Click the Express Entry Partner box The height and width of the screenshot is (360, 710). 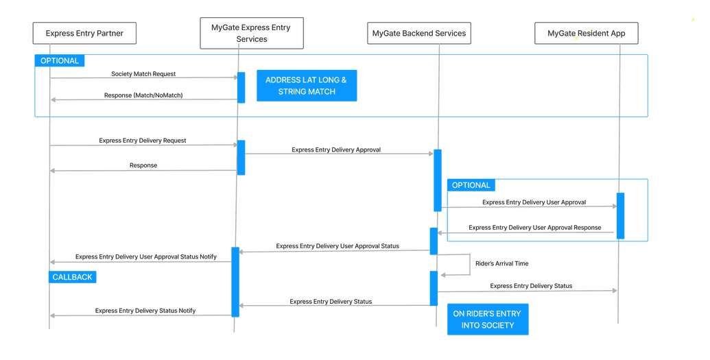(x=84, y=34)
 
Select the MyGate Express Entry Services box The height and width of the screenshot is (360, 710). (x=252, y=34)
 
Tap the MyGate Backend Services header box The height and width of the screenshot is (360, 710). (x=418, y=34)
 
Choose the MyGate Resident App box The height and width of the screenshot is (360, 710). (x=586, y=34)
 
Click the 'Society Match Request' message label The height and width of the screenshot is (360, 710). (x=143, y=74)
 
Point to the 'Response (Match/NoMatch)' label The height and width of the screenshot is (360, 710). (x=143, y=95)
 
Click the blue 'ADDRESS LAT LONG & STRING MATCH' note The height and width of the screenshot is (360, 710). (x=307, y=86)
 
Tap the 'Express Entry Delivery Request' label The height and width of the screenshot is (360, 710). (x=143, y=141)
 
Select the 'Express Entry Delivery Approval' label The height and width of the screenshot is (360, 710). (x=336, y=149)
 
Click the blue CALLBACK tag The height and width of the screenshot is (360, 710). (x=73, y=277)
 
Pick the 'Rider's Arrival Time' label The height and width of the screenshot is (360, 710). (x=501, y=263)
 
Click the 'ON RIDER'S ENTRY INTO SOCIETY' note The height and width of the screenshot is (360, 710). (x=487, y=320)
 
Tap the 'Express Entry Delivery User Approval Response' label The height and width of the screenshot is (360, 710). (x=534, y=228)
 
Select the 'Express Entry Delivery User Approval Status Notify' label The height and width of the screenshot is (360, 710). (x=146, y=257)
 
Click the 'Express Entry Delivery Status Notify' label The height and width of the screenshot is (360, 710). (x=145, y=311)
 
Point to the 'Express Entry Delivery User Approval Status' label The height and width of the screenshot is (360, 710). (x=338, y=246)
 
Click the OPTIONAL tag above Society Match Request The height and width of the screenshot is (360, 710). (x=60, y=61)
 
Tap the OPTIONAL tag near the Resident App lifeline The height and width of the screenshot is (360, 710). (x=471, y=185)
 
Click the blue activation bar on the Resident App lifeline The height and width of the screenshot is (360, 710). (x=620, y=216)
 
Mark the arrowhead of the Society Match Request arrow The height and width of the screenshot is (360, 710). (x=235, y=78)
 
